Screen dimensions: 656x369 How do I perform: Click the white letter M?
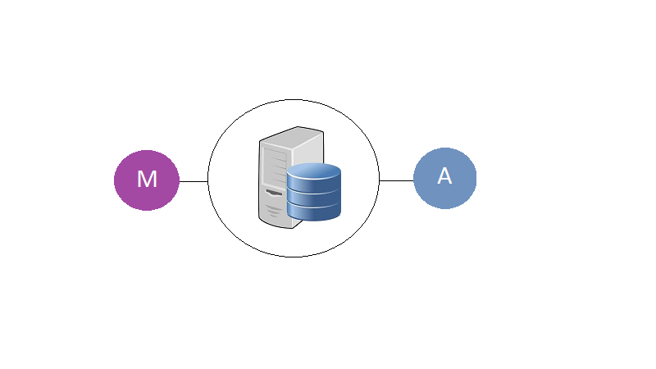(x=147, y=179)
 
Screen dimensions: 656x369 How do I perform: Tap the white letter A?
(x=444, y=175)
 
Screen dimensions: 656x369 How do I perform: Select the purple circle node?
(x=147, y=180)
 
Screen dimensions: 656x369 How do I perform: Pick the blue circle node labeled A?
(x=444, y=178)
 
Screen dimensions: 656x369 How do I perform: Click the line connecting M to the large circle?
(x=194, y=181)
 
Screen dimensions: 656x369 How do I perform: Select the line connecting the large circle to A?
(x=396, y=180)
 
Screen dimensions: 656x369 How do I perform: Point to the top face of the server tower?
(x=292, y=134)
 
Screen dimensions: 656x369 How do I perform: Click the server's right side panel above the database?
(x=309, y=148)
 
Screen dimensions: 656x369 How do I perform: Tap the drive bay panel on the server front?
(x=275, y=167)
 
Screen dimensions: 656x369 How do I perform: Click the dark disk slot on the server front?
(x=274, y=193)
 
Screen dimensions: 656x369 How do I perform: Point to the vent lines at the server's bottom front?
(x=274, y=211)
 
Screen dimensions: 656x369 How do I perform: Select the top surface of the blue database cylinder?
(x=314, y=171)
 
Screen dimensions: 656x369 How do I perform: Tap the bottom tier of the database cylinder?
(x=314, y=212)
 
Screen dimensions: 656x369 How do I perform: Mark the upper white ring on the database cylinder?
(x=314, y=192)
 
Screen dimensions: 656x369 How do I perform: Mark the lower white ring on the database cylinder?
(x=314, y=206)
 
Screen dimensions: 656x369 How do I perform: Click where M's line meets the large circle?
(x=208, y=181)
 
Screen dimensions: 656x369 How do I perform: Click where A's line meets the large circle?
(x=379, y=180)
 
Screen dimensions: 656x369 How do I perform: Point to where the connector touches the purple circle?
(x=180, y=181)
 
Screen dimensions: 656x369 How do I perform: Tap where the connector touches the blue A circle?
(x=414, y=180)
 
